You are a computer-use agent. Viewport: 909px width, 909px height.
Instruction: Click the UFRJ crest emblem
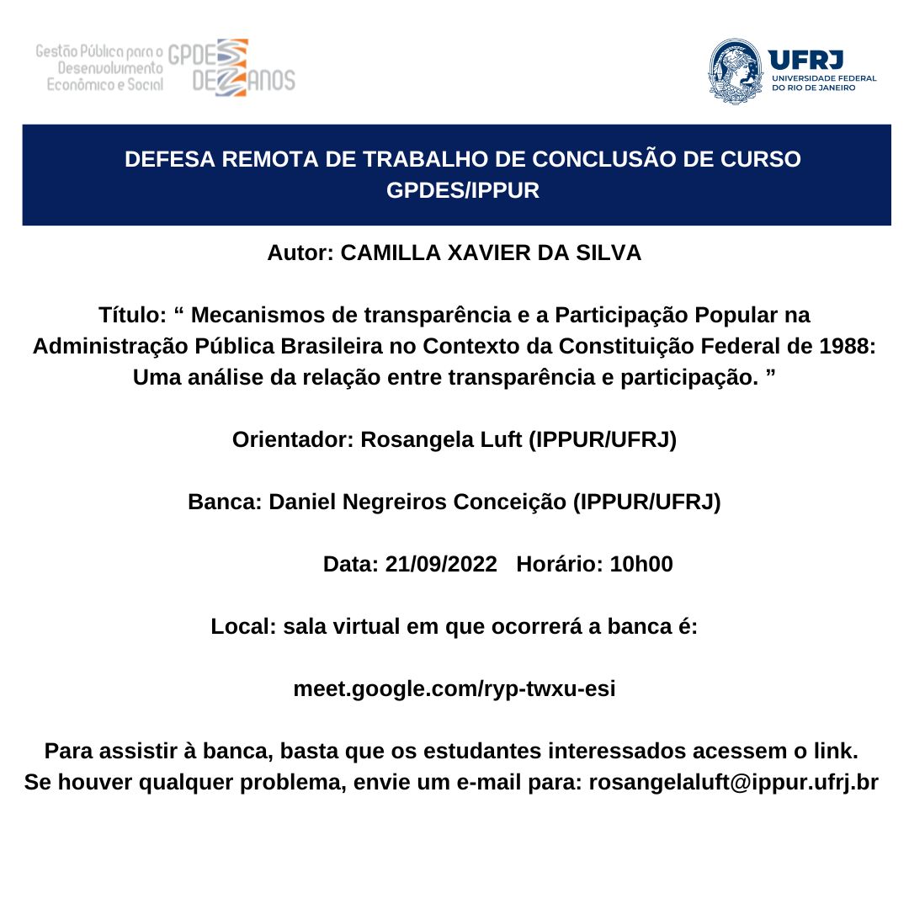click(735, 71)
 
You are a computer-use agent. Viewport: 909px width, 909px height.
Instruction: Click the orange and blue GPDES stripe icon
click(231, 67)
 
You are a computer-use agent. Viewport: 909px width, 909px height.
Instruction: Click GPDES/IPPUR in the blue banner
click(462, 190)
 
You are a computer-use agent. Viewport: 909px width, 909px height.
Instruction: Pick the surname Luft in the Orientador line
click(496, 439)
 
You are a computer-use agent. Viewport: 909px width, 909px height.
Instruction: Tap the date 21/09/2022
click(441, 564)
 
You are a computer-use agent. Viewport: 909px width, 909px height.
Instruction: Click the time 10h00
click(641, 564)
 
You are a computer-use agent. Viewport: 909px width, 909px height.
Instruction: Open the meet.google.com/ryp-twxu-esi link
click(454, 688)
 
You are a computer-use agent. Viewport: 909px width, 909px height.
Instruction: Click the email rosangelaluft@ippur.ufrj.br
click(733, 782)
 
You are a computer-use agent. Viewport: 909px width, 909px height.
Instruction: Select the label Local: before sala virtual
click(244, 626)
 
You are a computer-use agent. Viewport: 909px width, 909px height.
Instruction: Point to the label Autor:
click(300, 252)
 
